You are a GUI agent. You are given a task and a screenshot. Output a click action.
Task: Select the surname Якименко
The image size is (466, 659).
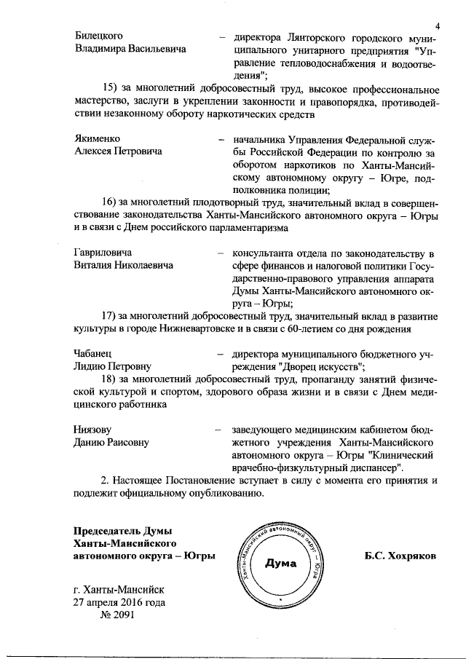click(98, 138)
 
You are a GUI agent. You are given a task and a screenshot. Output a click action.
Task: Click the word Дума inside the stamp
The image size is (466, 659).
click(280, 562)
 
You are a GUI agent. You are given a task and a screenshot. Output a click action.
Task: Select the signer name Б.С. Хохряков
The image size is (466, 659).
click(401, 556)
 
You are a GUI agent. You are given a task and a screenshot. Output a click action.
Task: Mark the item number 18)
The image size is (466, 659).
click(111, 379)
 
